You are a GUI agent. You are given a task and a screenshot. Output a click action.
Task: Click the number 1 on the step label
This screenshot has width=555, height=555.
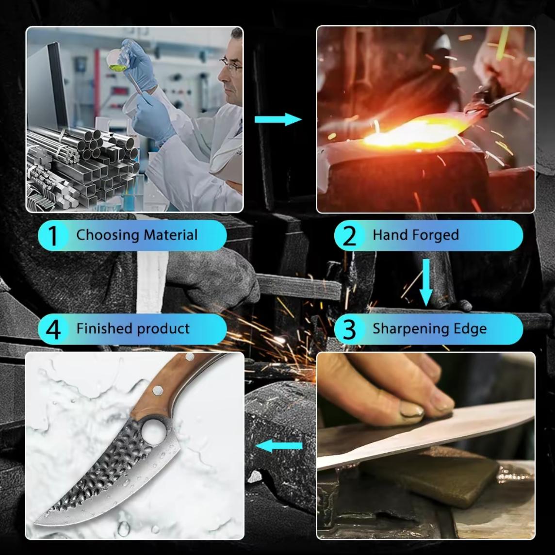53,236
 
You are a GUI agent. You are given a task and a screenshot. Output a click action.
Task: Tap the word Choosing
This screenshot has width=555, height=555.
108,235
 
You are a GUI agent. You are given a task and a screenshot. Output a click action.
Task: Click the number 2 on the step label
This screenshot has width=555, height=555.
349,236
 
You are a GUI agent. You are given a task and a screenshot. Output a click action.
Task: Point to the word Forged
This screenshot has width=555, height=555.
436,235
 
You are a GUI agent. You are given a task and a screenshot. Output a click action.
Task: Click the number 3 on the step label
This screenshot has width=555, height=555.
349,330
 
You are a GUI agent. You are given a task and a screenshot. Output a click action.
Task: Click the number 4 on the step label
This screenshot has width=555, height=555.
53,330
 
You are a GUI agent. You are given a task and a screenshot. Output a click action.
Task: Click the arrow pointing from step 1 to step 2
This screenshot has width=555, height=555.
278,119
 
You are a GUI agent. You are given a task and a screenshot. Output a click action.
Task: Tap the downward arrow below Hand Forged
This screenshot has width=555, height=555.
426,282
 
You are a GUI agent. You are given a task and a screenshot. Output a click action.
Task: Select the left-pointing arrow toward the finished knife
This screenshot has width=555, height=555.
279,446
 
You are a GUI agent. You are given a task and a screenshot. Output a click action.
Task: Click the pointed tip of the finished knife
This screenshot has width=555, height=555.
35,524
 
